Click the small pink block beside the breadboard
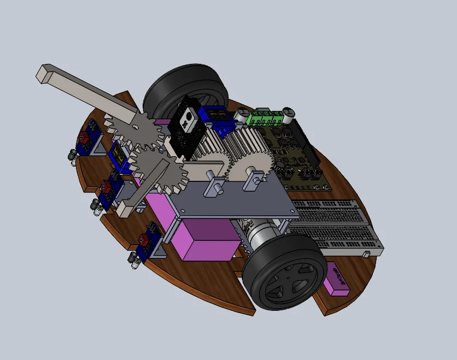(337, 279)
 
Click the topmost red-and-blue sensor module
(87, 138)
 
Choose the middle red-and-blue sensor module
(109, 188)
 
